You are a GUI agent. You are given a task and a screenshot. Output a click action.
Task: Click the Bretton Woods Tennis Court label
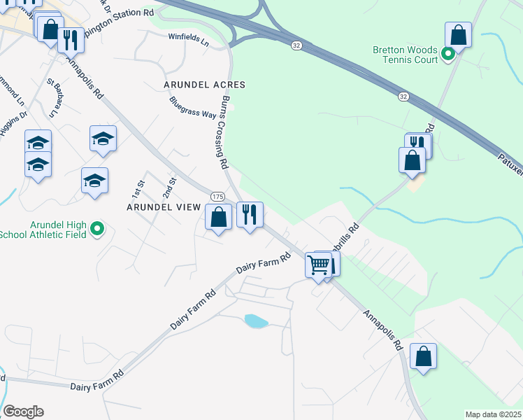pos(405,55)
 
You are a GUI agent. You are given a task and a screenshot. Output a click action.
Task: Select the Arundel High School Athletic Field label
pos(44,230)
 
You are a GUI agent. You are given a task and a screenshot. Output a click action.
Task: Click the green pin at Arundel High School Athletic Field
pos(98,229)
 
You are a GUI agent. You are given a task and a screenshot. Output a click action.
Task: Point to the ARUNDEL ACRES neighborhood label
pos(204,85)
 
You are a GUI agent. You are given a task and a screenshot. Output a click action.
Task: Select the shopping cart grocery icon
pos(318,265)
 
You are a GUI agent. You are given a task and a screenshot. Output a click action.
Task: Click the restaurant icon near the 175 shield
pos(250,213)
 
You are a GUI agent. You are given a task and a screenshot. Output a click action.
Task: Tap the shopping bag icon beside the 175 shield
pos(219,218)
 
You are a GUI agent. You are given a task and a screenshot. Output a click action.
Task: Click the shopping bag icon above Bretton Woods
pos(458,34)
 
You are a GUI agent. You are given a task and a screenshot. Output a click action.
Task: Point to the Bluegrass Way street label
pos(192,107)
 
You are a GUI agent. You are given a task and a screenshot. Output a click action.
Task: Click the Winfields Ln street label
pos(189,39)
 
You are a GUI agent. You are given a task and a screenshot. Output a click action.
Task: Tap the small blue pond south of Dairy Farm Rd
pos(256,321)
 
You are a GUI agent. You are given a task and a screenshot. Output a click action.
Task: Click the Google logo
pos(23,412)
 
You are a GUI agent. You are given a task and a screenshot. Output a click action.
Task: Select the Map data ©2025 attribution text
pos(493,414)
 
